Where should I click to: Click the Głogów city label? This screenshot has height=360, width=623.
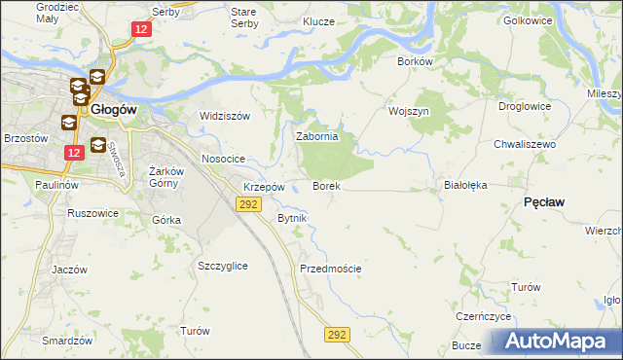(x=121, y=110)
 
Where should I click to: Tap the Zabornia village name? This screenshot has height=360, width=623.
(x=316, y=137)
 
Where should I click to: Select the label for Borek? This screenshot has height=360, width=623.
(x=325, y=185)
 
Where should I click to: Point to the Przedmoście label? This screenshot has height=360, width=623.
(x=331, y=269)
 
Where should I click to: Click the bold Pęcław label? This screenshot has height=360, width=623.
(x=545, y=200)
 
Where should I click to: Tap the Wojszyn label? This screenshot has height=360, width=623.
(x=409, y=112)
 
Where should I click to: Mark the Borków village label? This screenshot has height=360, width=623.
(x=414, y=60)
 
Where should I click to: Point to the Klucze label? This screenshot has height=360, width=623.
(x=318, y=21)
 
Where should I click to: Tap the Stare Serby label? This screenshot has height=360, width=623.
(x=242, y=18)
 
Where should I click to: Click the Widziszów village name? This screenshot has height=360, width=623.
(x=225, y=116)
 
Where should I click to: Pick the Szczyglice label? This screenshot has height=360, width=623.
(x=222, y=266)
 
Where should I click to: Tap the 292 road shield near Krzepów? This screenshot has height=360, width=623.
(x=248, y=203)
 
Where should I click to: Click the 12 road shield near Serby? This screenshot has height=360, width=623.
(x=142, y=30)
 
